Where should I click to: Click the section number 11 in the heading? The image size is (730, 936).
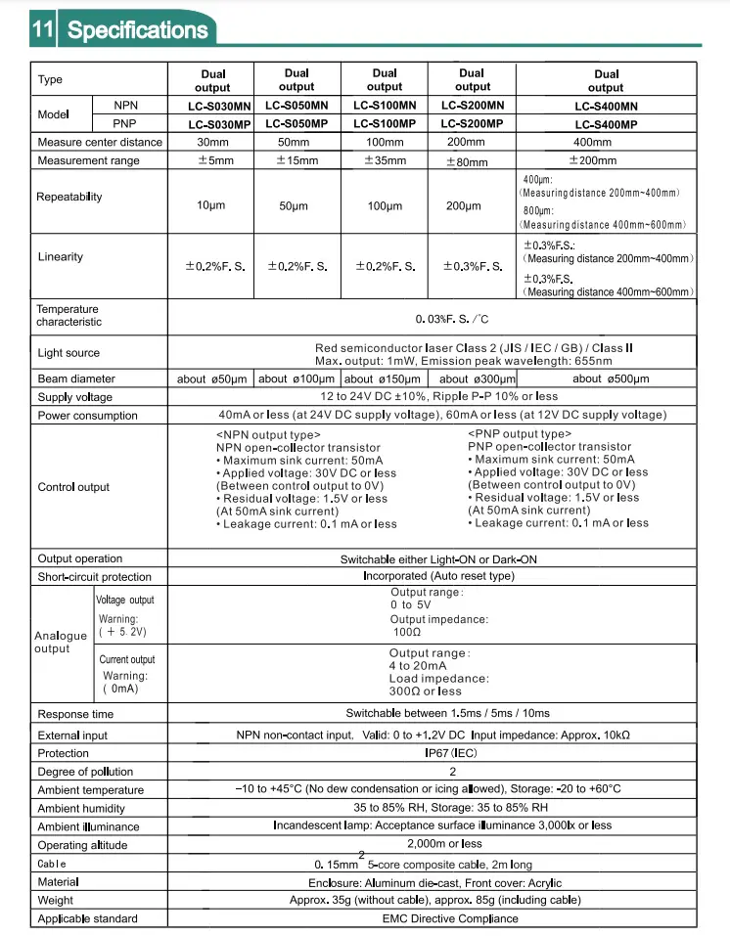point(42,29)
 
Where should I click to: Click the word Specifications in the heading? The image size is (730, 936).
point(137,29)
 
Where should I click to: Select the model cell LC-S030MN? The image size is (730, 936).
point(211,106)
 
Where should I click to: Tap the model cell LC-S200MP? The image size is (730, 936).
point(472,123)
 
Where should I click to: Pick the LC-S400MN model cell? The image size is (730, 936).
point(606,106)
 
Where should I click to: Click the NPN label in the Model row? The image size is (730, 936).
point(126,106)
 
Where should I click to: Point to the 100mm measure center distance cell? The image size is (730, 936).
point(385,142)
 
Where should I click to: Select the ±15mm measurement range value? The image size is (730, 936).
point(297,160)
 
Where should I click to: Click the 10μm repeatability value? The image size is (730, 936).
point(211,206)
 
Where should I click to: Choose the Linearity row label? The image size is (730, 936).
point(61,257)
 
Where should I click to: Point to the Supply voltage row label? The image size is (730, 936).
point(74,397)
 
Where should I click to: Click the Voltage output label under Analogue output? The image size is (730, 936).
point(125,601)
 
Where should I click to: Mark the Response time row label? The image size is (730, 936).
point(75,714)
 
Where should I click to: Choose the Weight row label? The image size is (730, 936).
point(55,900)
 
